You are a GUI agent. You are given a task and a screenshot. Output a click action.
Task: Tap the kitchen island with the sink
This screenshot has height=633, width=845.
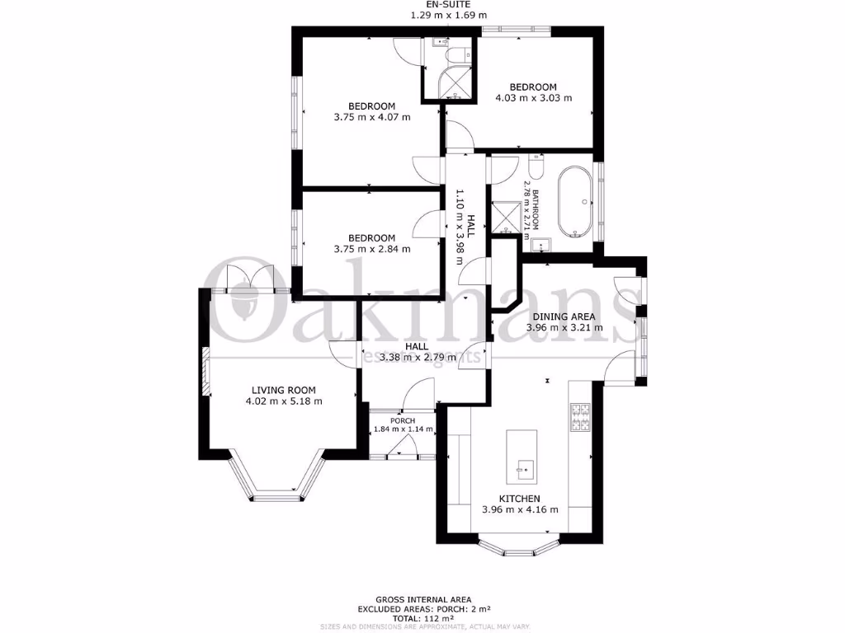pos(522,455)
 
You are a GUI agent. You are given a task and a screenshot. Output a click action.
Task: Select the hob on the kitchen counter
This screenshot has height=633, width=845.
pos(578,416)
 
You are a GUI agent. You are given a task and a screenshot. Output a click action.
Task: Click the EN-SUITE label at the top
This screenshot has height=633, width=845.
pos(449,5)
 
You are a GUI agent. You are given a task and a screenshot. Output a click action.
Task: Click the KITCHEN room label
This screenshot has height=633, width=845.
pos(519,499)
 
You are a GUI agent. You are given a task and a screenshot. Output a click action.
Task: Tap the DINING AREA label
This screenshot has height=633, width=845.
pos(564,316)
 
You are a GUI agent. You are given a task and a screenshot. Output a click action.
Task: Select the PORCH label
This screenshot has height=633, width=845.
pos(403,420)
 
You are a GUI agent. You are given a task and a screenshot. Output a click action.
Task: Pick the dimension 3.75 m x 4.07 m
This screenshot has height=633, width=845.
pos(371,117)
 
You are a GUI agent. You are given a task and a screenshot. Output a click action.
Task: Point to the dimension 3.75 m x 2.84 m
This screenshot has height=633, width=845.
pos(371,249)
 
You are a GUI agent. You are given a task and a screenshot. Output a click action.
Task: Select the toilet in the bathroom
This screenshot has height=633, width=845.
pos(535,169)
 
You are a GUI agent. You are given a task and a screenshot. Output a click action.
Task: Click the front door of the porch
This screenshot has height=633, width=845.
pos(403,450)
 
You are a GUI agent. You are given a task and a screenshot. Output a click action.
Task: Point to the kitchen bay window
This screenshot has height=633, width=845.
pos(518,546)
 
